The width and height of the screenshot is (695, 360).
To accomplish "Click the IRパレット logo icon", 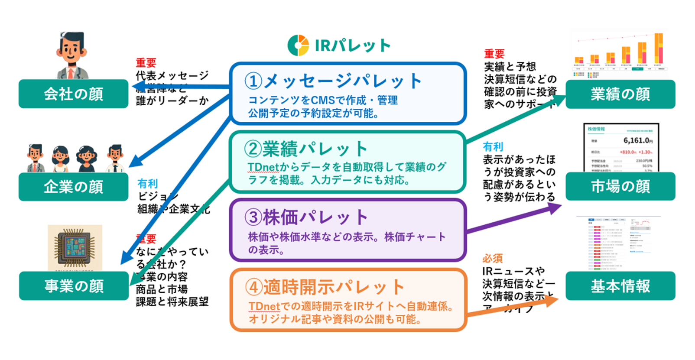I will (x=298, y=45).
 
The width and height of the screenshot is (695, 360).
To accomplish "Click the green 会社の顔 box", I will (x=74, y=94).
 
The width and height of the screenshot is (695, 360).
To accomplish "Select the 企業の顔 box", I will (x=74, y=187).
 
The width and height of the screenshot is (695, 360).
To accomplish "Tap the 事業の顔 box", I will (x=74, y=286).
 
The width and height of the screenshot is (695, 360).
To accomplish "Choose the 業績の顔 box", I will (x=620, y=94).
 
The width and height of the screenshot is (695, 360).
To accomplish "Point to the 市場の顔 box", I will (x=620, y=186).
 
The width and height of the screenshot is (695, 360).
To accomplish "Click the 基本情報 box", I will (x=620, y=286).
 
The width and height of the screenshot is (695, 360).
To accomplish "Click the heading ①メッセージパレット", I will (x=333, y=81).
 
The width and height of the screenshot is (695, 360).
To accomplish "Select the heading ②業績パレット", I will (x=306, y=149).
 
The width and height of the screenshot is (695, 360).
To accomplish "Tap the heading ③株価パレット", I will (x=306, y=217).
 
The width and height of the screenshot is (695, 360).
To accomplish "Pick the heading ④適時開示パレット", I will (x=325, y=287).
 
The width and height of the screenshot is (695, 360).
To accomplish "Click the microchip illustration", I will (x=75, y=247).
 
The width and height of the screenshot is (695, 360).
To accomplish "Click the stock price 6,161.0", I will (x=637, y=140).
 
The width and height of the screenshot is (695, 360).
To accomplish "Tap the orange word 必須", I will (x=493, y=259).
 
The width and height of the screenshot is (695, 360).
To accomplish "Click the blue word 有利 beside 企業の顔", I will (x=147, y=184).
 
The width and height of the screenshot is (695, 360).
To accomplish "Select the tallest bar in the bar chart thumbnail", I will (x=658, y=49).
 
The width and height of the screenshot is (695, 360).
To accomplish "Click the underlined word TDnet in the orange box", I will (x=264, y=306).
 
